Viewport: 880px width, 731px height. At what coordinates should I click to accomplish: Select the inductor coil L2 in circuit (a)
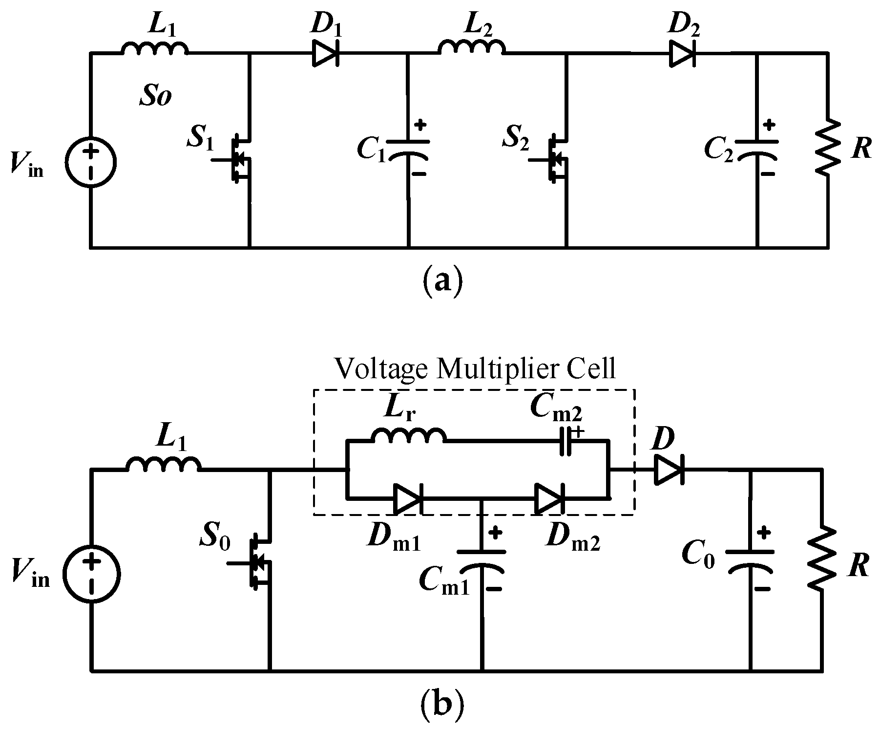472,48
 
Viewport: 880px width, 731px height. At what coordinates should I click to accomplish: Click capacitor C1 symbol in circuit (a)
409,149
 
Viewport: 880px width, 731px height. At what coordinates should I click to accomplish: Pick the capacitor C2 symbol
757,149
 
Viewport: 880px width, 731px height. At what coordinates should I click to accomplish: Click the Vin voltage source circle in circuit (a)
91,162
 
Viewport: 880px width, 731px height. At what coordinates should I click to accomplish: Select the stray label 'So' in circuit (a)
154,97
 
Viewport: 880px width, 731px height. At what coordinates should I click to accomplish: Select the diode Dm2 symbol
549,499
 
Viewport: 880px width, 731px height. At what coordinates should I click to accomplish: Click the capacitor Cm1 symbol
482,559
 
